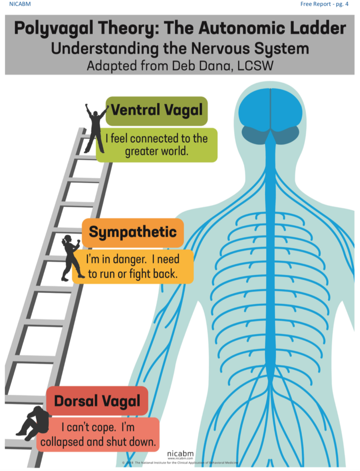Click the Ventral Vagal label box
[x=157, y=111]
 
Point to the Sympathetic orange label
[x=133, y=232]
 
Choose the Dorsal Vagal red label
[x=97, y=402]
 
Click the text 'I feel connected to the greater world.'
[x=157, y=145]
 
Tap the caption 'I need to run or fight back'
[x=133, y=266]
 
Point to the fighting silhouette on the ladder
[x=71, y=258]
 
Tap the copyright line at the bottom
[x=180, y=463]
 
